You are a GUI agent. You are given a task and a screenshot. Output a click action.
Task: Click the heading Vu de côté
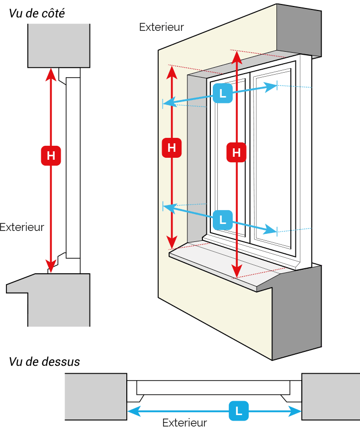(x=37, y=13)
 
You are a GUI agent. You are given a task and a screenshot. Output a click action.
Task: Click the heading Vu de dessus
(x=44, y=362)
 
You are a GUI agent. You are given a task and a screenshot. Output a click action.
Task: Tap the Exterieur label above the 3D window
(x=162, y=27)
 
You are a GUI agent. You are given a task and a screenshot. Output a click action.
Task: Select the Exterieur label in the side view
(x=22, y=227)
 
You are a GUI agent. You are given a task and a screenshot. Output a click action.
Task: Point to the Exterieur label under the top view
(x=184, y=423)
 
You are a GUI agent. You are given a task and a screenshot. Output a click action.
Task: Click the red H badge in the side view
(x=51, y=156)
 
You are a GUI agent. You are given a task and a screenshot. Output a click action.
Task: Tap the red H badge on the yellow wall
(x=172, y=148)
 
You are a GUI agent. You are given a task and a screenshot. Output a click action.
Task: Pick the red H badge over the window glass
(x=236, y=152)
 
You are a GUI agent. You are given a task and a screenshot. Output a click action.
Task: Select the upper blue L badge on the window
(x=223, y=93)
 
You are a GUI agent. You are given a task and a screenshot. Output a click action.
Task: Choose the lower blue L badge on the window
(x=223, y=220)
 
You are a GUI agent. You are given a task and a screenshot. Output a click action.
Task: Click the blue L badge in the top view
(x=239, y=411)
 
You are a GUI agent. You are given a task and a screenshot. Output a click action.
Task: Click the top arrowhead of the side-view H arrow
(x=51, y=74)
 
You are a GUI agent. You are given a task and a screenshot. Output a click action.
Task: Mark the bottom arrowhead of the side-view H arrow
(x=51, y=267)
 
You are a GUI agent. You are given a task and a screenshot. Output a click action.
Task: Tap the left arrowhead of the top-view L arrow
(x=134, y=412)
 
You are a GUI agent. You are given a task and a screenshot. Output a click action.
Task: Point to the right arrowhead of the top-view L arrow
(x=295, y=412)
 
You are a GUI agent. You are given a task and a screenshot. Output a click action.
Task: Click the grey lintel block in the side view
(x=59, y=46)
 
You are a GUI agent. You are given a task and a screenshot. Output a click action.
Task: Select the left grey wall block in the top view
(x=96, y=397)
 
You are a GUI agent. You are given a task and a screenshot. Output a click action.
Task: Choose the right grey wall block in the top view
(x=331, y=397)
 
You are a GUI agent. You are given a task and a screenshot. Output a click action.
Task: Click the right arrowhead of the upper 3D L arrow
(x=270, y=87)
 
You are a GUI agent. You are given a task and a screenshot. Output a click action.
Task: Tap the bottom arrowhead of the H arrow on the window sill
(x=237, y=271)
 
